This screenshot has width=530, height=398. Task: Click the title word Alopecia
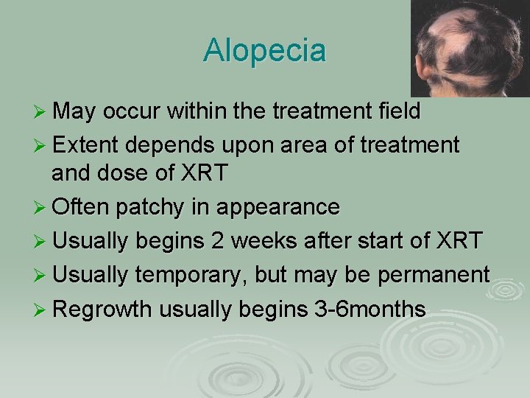264,51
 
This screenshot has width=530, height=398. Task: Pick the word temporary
191,275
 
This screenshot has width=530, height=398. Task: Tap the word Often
79,207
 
